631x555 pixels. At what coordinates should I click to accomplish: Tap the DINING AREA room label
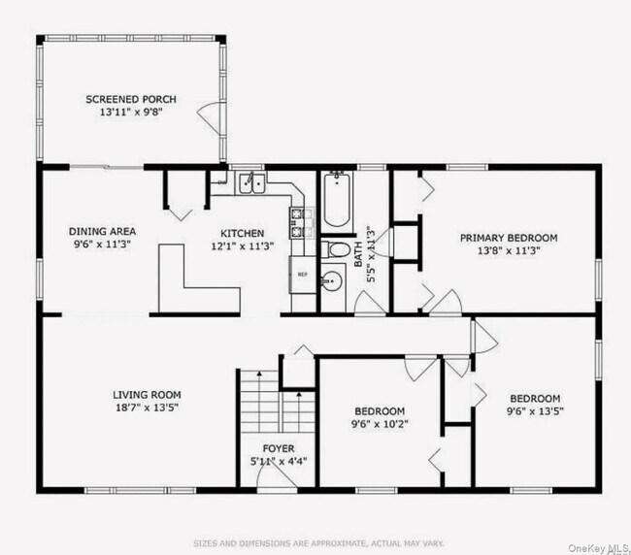tap(102, 231)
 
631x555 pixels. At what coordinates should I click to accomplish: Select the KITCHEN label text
tap(242, 233)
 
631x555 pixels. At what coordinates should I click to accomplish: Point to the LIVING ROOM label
tap(147, 394)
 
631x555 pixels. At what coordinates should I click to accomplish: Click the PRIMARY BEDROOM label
tap(509, 238)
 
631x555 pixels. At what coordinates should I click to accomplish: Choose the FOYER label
tap(279, 448)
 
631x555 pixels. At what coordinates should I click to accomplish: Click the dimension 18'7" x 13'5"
tap(147, 408)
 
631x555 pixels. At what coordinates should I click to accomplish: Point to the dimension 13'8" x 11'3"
tap(509, 250)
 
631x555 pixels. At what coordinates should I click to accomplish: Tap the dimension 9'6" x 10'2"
tap(379, 424)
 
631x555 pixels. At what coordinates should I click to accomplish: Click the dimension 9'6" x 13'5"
tap(536, 411)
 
